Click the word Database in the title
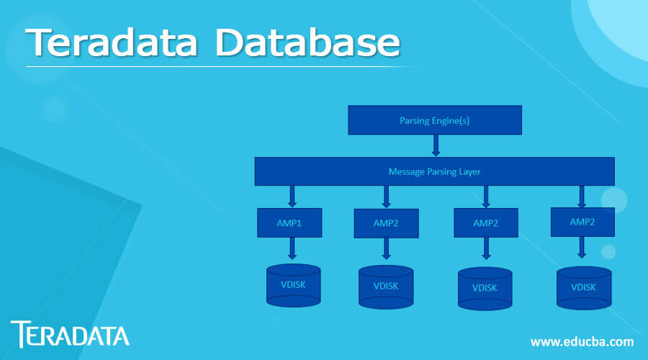point(307,44)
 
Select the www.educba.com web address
point(582,341)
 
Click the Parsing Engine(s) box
point(434,120)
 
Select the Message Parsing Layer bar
point(434,171)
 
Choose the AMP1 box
point(289,222)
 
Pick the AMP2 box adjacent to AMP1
point(385,223)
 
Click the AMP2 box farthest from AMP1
point(582,222)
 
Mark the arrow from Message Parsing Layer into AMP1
point(292,196)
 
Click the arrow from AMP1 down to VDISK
point(292,248)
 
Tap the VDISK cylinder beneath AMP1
point(293,285)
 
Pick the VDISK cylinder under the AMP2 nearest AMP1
point(386,287)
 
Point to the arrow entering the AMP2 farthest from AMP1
point(582,196)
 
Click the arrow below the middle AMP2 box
point(485,249)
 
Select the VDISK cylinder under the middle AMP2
point(485,289)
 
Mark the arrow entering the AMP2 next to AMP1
point(386,197)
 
